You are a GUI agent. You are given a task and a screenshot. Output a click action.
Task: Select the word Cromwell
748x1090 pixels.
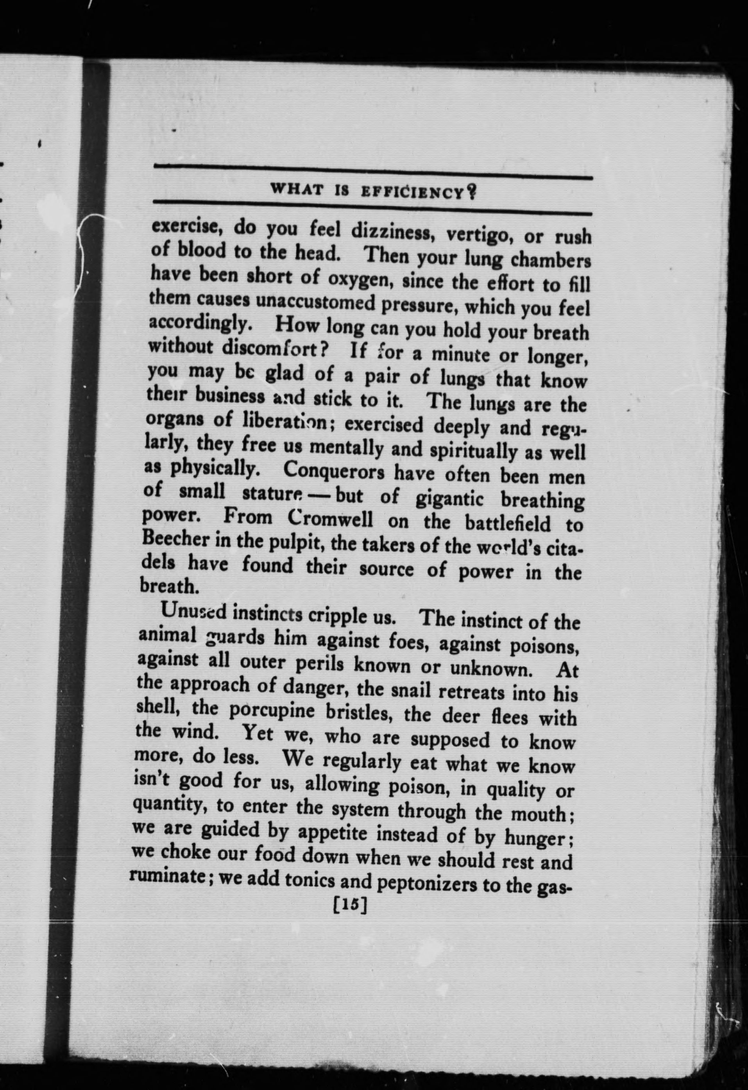pos(331,519)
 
